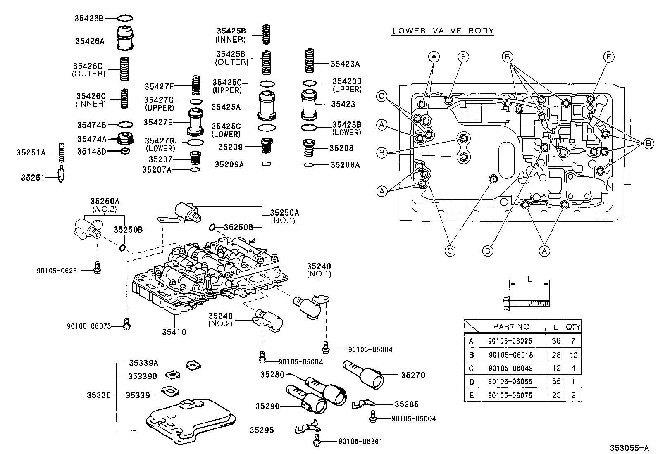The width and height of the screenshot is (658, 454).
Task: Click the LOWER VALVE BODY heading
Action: (x=443, y=31)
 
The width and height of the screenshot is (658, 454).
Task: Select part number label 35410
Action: (x=174, y=332)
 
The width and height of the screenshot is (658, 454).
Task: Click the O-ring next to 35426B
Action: (x=125, y=18)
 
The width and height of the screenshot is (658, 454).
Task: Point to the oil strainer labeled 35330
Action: (x=191, y=417)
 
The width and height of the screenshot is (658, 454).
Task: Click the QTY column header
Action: (x=573, y=327)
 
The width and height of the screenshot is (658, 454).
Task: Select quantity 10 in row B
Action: (x=573, y=354)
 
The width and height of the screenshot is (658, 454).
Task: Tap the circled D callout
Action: (x=488, y=250)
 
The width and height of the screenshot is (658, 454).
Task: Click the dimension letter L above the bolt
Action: (x=529, y=279)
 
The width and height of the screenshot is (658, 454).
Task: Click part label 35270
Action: (x=413, y=375)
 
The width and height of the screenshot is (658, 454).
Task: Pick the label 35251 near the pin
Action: (x=33, y=178)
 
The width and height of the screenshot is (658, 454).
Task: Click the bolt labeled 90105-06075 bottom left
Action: (x=127, y=325)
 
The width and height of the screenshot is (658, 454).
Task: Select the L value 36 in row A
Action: (x=556, y=341)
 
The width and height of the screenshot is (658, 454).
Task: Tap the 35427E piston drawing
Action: (x=195, y=122)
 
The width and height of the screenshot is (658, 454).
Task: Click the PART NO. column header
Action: (x=512, y=327)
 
